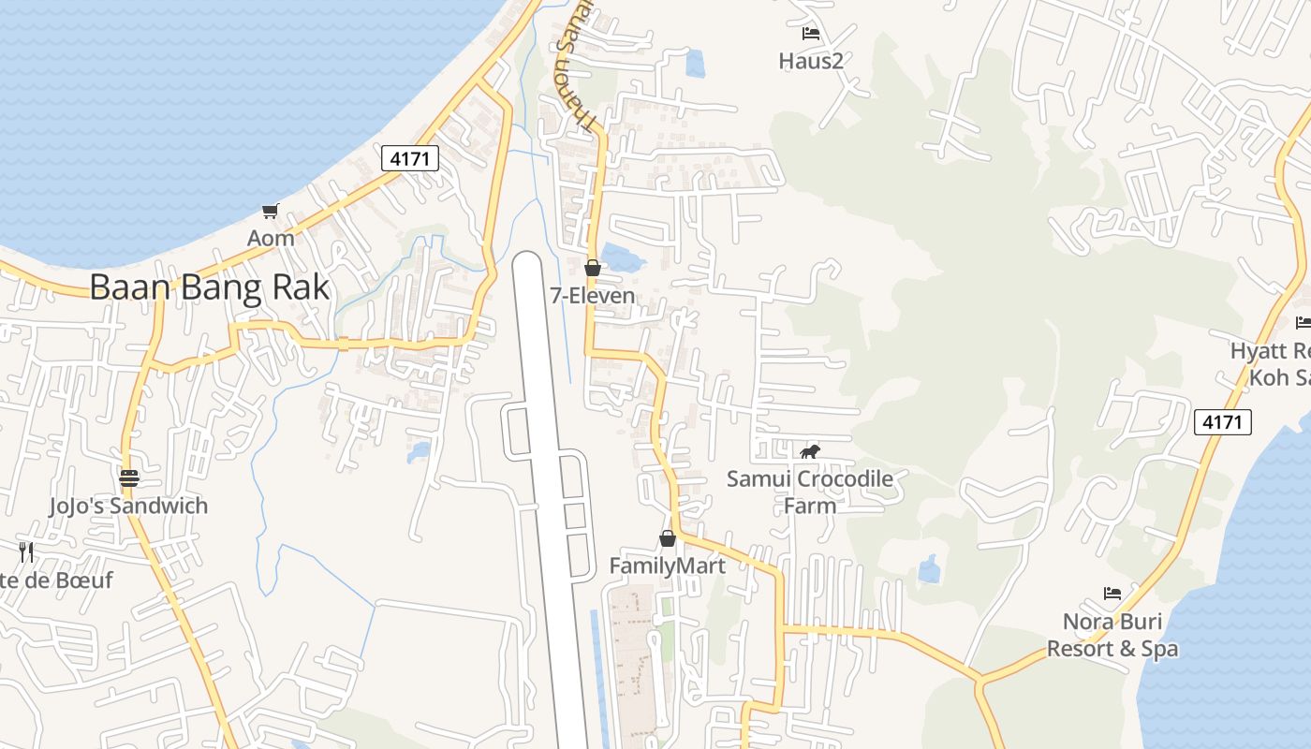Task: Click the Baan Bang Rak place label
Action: (210, 286)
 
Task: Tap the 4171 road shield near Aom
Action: (410, 158)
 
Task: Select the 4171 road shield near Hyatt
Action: (1223, 422)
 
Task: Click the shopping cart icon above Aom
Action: (271, 212)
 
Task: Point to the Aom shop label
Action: (271, 238)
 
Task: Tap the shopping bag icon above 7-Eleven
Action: (592, 269)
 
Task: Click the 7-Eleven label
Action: (592, 296)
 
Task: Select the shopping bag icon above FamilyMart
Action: (668, 538)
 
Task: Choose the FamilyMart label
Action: (667, 565)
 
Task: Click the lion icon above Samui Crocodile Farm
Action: (810, 452)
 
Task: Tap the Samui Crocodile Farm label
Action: (810, 492)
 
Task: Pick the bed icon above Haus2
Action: (811, 34)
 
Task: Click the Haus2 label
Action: (811, 61)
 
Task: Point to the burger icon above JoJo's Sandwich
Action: (129, 478)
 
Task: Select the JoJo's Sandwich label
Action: (128, 506)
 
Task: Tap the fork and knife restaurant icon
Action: (26, 552)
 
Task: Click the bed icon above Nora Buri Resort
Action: (1112, 594)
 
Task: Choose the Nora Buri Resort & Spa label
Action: (1112, 635)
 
